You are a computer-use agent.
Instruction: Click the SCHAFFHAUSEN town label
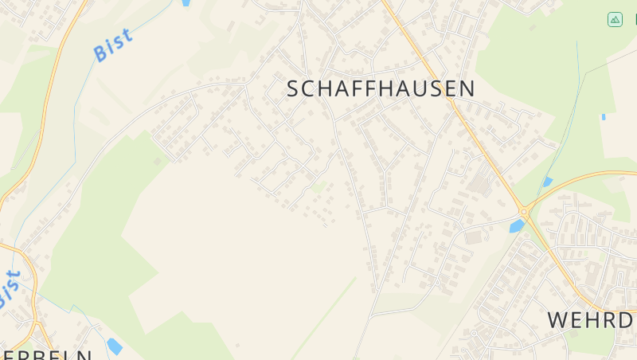[x=381, y=88]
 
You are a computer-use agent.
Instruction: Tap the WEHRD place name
[x=590, y=319]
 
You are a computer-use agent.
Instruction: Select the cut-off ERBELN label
[x=48, y=354]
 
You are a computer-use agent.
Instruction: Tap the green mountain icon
[x=615, y=19]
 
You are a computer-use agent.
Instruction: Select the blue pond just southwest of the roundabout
[x=517, y=226]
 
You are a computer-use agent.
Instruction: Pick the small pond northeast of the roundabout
[x=547, y=182]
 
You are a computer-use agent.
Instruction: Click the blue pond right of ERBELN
[x=115, y=346]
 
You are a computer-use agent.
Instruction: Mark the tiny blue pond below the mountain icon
[x=603, y=117]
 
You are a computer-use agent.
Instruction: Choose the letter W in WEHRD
[x=557, y=319]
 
